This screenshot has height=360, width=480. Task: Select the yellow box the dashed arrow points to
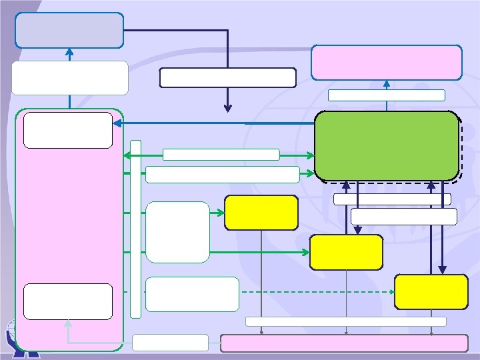pyautogui.click(x=431, y=292)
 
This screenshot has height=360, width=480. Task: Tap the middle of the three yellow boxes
pyautogui.click(x=346, y=252)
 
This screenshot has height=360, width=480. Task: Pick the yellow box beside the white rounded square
pyautogui.click(x=261, y=213)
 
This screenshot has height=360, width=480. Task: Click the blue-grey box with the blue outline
pyautogui.click(x=69, y=30)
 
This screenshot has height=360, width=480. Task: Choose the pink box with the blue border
pyautogui.click(x=386, y=62)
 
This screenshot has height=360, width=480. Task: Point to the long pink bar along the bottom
pyautogui.click(x=344, y=343)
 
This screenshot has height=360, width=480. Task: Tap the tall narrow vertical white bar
pyautogui.click(x=136, y=229)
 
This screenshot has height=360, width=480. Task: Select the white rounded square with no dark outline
pyautogui.click(x=177, y=232)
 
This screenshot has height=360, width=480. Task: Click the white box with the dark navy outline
pyautogui.click(x=227, y=77)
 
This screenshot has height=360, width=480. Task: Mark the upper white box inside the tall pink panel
pyautogui.click(x=67, y=129)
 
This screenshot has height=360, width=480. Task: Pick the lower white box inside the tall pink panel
pyautogui.click(x=67, y=301)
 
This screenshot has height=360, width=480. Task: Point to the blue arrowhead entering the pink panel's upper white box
pyautogui.click(x=117, y=123)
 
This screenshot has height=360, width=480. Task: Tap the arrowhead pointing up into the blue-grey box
pyautogui.click(x=69, y=51)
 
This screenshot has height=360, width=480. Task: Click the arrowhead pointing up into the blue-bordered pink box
pyautogui.click(x=387, y=83)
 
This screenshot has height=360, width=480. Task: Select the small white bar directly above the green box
pyautogui.click(x=386, y=95)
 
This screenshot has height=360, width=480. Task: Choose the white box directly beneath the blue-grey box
pyautogui.click(x=69, y=78)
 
